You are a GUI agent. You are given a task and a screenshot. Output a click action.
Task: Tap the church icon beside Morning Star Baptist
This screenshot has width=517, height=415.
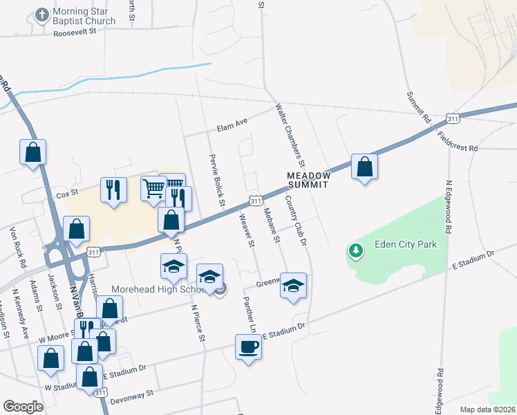point(43,15)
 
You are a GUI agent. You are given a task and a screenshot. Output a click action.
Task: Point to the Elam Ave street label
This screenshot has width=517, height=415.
point(232,124)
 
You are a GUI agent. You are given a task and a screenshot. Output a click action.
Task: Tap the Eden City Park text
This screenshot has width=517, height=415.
point(403,243)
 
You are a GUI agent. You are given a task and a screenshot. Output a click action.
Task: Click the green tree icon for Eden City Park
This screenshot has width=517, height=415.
point(356,250)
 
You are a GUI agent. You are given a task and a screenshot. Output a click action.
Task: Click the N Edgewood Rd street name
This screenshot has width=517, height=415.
point(448,207)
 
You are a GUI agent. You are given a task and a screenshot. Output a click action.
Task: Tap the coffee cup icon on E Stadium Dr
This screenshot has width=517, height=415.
point(248,346)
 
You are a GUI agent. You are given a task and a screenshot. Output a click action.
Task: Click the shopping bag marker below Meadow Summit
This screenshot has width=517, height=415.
point(364,167)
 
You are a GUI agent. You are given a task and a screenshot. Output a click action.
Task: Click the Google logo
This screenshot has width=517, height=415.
point(23,407)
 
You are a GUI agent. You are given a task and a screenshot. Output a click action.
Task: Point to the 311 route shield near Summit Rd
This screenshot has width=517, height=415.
point(453,119)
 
